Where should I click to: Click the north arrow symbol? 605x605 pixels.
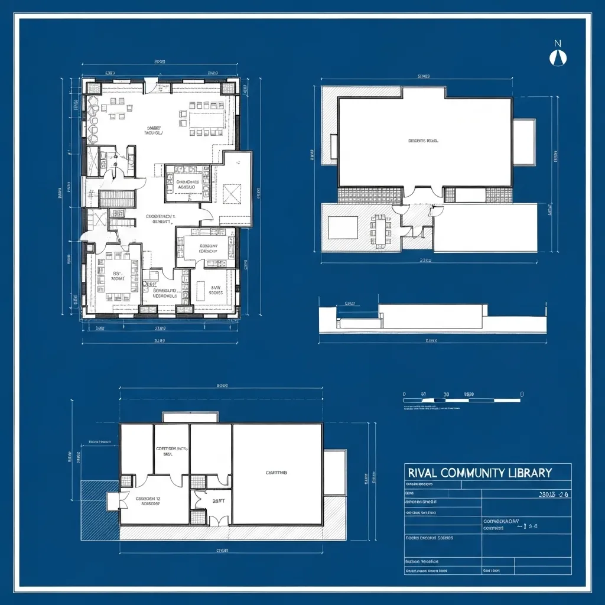tap(557, 56)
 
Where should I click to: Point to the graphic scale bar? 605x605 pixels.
tap(462, 401)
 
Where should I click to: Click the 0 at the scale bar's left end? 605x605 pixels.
tap(405, 393)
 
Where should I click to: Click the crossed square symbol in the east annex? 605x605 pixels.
tap(232, 193)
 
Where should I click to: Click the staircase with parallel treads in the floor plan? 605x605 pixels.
tap(117, 199)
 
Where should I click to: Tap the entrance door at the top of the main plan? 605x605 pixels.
tap(158, 87)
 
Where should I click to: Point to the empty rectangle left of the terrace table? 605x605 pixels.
tap(343, 227)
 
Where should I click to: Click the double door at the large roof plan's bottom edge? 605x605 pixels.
tap(419, 192)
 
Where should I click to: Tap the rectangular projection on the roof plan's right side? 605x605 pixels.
tap(523, 142)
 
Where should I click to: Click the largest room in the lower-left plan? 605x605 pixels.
tap(277, 474)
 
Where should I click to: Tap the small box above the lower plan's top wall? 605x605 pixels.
tap(190, 417)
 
